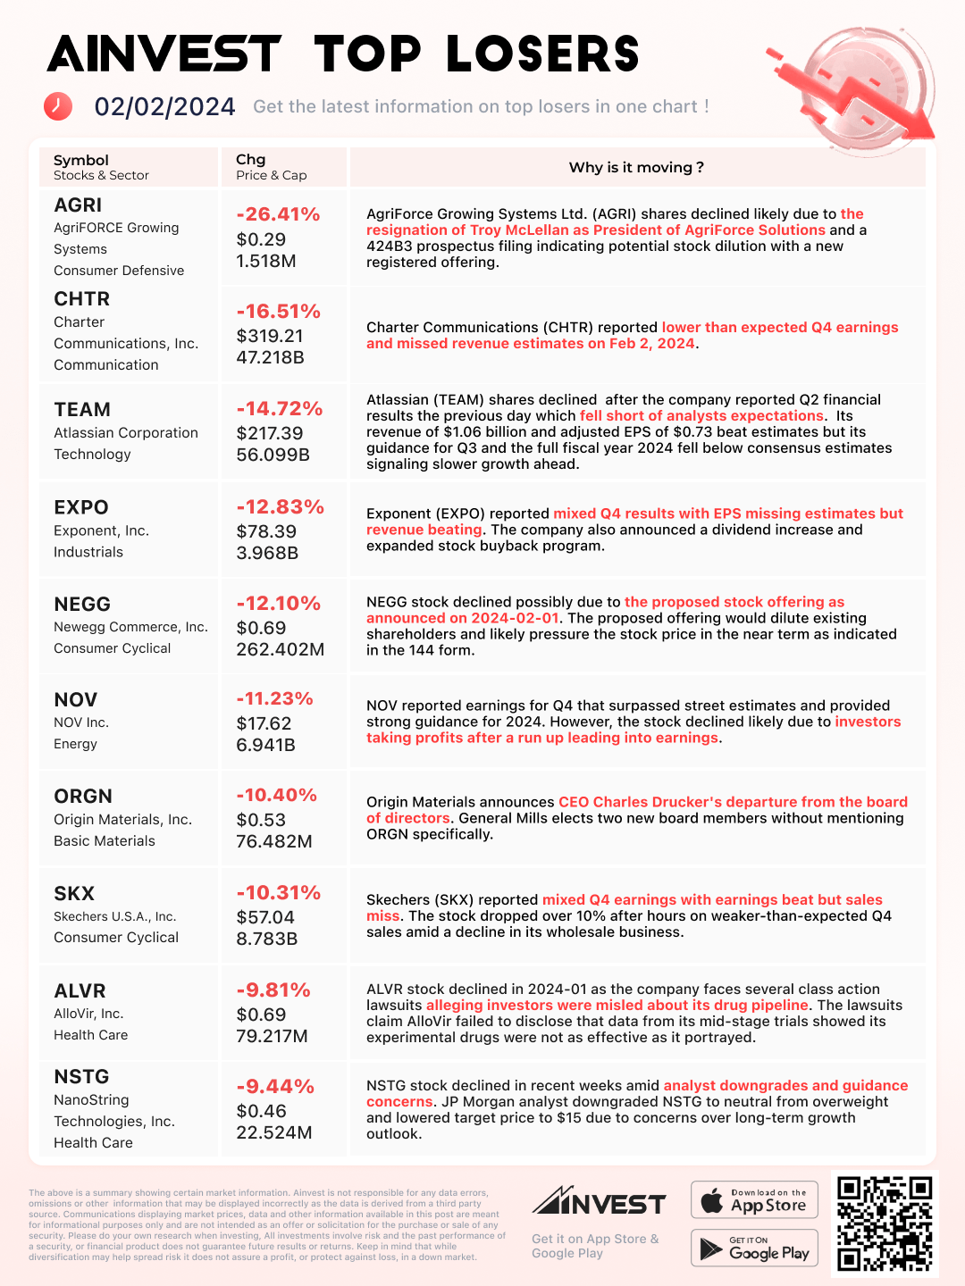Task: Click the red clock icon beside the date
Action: [58, 106]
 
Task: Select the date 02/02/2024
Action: [165, 107]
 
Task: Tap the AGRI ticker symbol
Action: [78, 205]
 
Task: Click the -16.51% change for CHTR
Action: [278, 312]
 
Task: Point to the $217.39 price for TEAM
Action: [270, 433]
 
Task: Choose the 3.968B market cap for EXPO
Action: [267, 553]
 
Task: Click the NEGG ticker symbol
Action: [82, 605]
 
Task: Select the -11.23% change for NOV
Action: [274, 699]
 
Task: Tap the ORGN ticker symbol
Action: [83, 797]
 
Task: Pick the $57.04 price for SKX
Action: [265, 917]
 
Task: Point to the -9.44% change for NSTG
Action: [275, 1087]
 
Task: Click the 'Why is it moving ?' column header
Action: [636, 168]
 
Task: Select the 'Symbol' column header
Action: [81, 160]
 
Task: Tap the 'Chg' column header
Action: [251, 160]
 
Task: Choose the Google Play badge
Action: [754, 1248]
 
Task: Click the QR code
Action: [885, 1223]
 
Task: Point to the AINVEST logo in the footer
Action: [599, 1202]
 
